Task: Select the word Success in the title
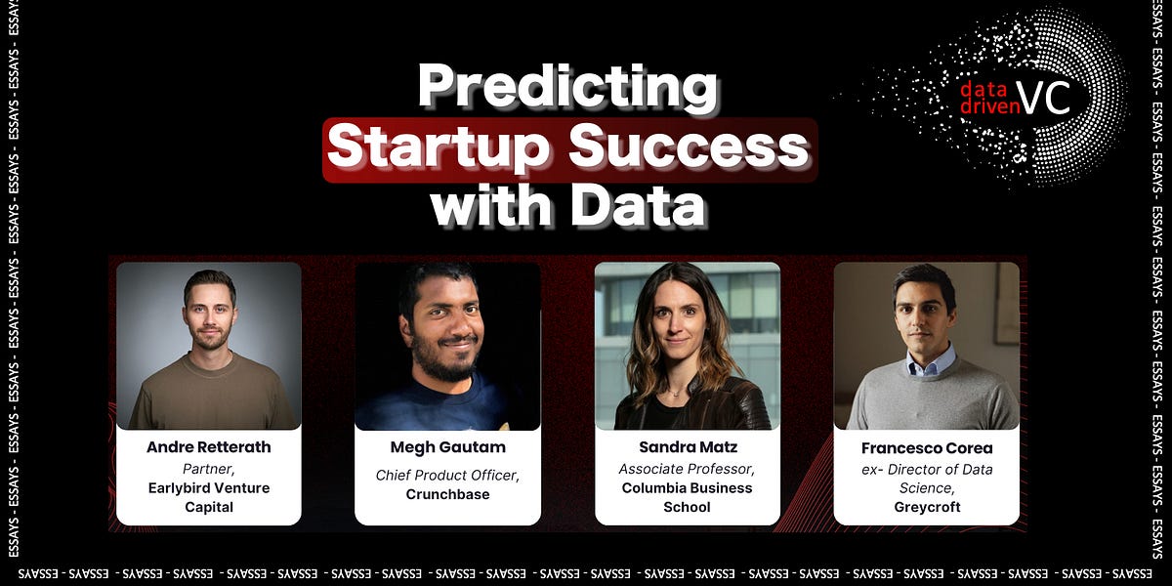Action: pos(690,148)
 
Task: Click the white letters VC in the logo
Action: pos(1043,97)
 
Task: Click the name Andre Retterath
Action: pos(208,447)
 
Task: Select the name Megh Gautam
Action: pos(447,447)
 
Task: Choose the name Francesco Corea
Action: pos(926,448)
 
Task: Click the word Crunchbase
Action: pos(447,495)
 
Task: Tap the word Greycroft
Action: pos(926,508)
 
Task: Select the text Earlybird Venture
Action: pos(208,487)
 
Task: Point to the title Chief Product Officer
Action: pos(447,476)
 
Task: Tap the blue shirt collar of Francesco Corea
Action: pos(927,365)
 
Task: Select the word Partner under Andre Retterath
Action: pos(208,468)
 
